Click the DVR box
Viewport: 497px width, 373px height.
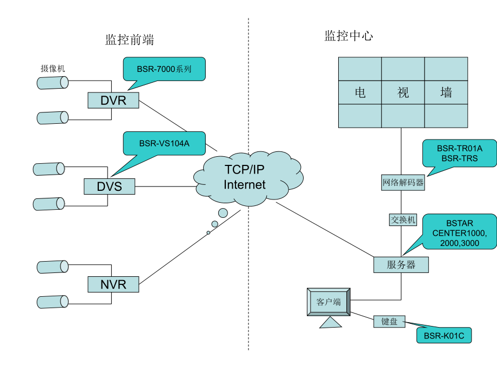pos(113,100)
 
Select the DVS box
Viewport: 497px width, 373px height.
pos(110,186)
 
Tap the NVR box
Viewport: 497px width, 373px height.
pos(113,283)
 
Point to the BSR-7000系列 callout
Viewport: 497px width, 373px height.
pos(164,69)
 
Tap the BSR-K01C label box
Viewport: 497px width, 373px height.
pos(444,336)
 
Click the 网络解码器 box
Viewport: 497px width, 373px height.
pos(403,183)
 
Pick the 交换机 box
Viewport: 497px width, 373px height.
pos(403,219)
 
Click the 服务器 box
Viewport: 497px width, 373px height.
pos(401,265)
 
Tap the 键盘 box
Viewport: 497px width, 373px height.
pos(389,322)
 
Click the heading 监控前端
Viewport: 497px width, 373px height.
pos(130,40)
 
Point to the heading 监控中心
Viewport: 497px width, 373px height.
pos(348,36)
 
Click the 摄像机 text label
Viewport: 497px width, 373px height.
pos(52,69)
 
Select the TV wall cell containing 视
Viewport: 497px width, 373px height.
pos(403,92)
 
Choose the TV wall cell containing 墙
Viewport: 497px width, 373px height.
pos(446,92)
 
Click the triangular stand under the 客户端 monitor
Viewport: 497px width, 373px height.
pos(331,323)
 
